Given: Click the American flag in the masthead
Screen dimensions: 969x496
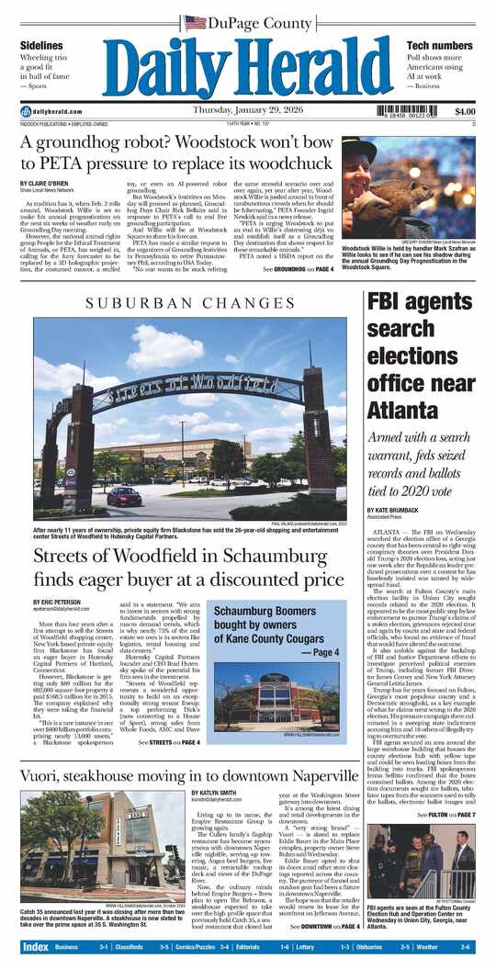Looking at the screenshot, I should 195,22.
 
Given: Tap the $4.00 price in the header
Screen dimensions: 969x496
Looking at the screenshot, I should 457,111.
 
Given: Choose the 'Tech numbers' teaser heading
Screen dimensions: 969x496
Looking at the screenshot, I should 439,45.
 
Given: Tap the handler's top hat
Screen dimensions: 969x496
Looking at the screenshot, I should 359,147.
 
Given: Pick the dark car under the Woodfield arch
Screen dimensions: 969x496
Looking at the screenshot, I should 125,497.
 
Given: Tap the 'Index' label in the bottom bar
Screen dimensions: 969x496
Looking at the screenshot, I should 35,947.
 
